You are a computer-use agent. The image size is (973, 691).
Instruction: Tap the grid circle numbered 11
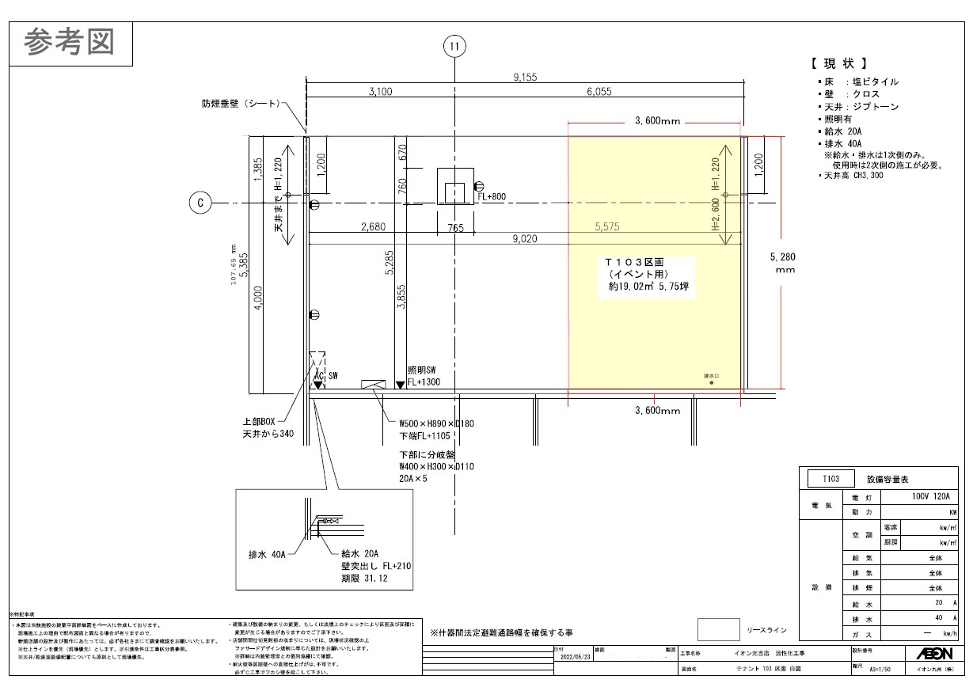pyautogui.click(x=454, y=47)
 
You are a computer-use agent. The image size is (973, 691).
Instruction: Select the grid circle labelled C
pyautogui.click(x=200, y=203)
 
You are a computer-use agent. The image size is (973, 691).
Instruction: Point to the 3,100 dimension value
pyautogui.click(x=380, y=92)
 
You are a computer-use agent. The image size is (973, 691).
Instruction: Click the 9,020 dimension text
pyautogui.click(x=526, y=238)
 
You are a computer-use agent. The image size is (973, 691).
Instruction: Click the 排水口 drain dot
pyautogui.click(x=712, y=383)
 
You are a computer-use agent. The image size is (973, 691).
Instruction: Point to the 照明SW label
pyautogui.click(x=422, y=370)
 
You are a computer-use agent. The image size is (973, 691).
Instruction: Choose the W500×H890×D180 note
pyautogui.click(x=437, y=423)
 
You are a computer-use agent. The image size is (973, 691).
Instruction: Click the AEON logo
pyautogui.click(x=934, y=653)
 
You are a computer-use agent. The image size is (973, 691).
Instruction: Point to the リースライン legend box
pyautogui.click(x=718, y=630)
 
